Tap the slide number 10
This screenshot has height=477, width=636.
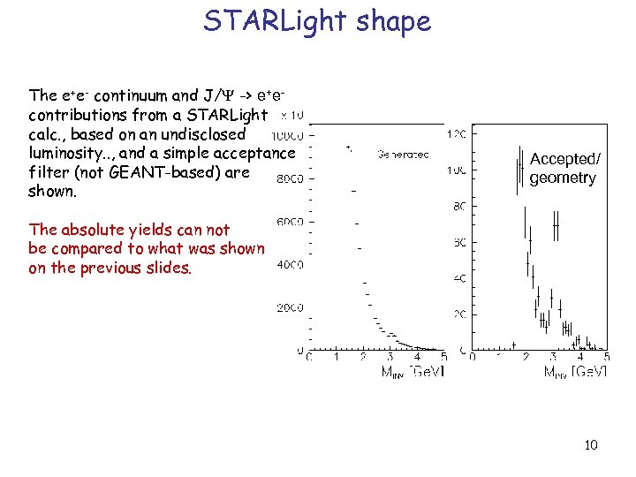pos(590,444)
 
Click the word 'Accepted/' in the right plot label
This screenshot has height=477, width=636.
pos(564,159)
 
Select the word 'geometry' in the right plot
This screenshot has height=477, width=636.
pos(563,178)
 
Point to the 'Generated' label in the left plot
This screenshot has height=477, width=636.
pos(403,154)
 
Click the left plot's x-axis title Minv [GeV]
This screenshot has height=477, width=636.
pos(413,373)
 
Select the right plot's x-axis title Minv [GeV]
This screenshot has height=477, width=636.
pos(575,373)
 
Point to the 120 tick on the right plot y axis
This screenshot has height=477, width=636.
pos(458,134)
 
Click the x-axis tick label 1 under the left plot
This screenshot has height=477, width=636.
pos(336,358)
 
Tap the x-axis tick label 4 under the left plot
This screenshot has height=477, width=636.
pos(417,358)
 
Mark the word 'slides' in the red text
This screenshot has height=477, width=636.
pos(167,268)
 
